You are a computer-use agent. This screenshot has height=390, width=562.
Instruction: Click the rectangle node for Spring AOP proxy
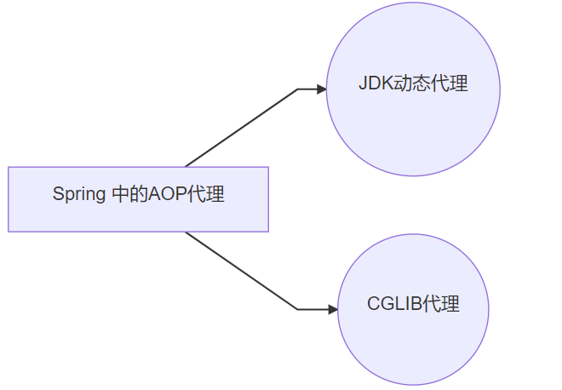click(138, 199)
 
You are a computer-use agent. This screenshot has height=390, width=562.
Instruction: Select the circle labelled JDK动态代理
click(413, 89)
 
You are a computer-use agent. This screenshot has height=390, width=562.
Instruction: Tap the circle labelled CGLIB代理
click(413, 309)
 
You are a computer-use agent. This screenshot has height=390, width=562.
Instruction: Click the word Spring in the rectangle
click(79, 195)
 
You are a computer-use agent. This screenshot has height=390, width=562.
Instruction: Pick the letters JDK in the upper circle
click(376, 83)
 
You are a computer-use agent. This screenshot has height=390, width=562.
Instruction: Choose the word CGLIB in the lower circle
click(394, 304)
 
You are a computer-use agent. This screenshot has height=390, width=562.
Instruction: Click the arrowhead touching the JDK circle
click(322, 89)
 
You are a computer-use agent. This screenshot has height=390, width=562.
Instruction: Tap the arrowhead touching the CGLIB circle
click(333, 309)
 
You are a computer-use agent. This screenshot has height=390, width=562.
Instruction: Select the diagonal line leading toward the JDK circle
click(242, 128)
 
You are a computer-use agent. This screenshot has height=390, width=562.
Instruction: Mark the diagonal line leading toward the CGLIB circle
click(242, 271)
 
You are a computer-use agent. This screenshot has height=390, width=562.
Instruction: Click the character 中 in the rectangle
click(121, 194)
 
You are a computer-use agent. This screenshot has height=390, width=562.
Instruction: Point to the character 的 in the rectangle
click(139, 194)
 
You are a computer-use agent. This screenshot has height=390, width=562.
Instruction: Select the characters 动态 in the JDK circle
click(412, 83)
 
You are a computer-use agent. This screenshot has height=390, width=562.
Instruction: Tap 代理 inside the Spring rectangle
click(206, 194)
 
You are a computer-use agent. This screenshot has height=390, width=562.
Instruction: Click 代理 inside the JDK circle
click(450, 83)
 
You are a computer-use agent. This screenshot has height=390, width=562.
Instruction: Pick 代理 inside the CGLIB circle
click(441, 304)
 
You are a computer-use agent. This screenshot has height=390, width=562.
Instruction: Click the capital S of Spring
click(59, 194)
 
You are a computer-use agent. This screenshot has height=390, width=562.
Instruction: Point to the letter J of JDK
click(363, 83)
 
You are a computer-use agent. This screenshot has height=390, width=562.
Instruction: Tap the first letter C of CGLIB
click(374, 304)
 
